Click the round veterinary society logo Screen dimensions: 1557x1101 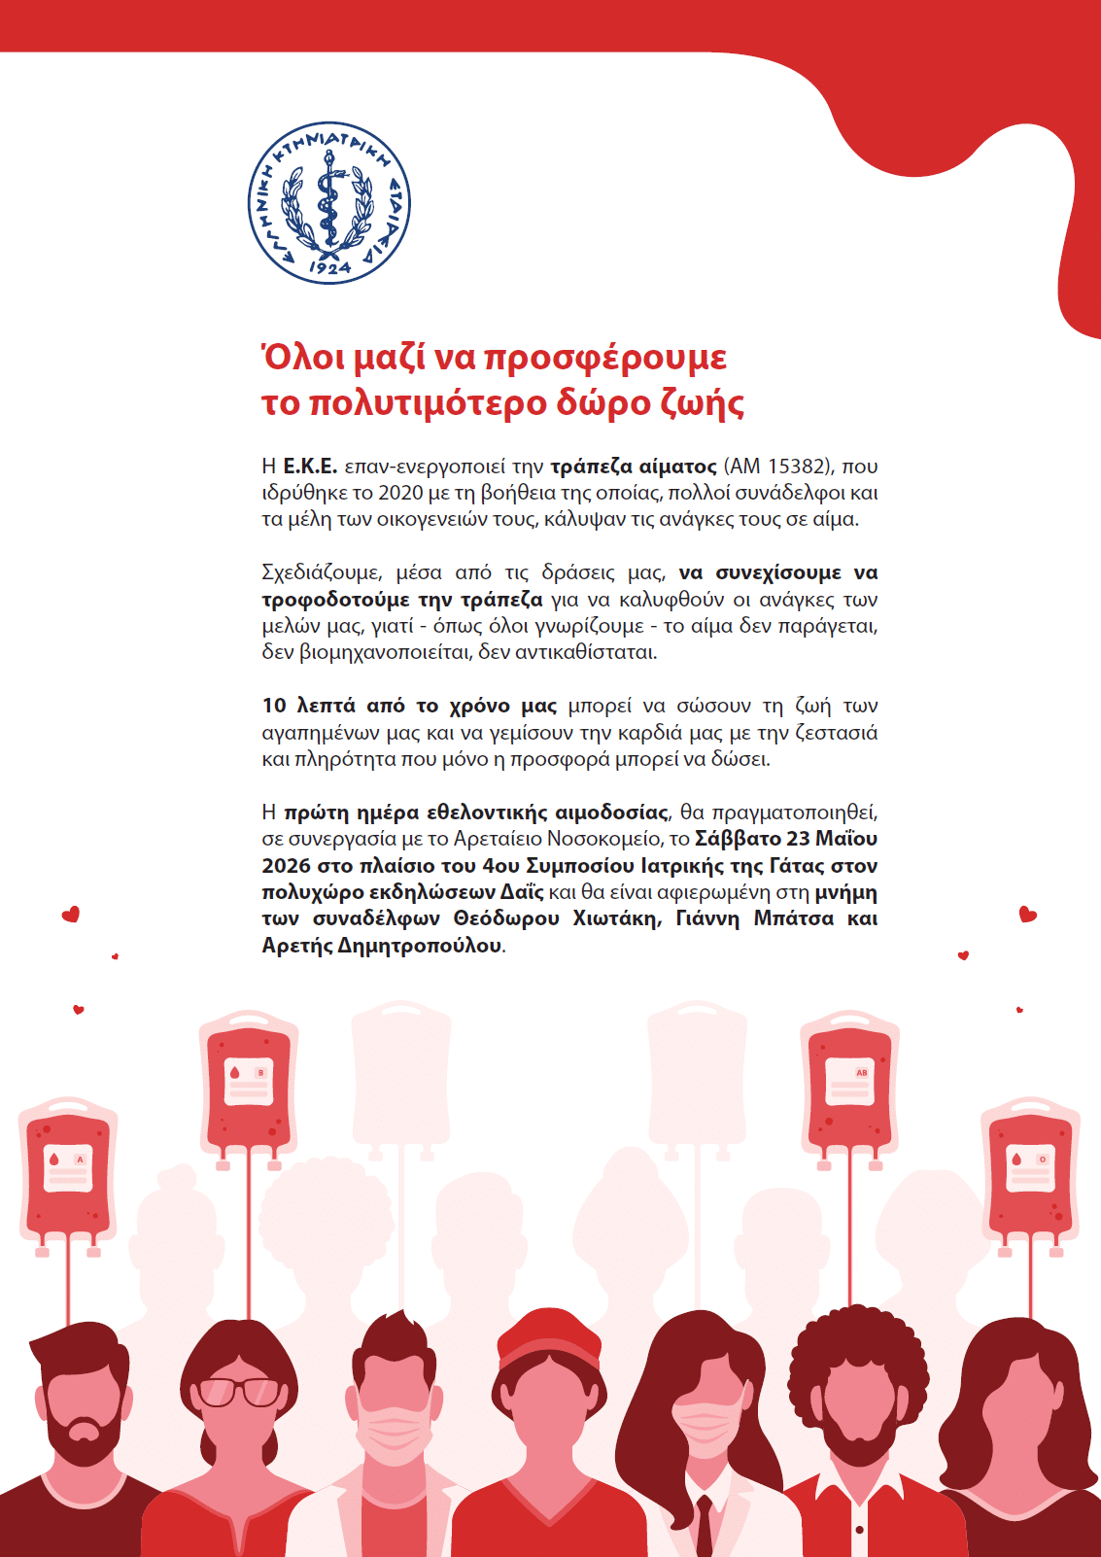pyautogui.click(x=328, y=203)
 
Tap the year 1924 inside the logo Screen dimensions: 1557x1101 pyautogui.click(x=329, y=266)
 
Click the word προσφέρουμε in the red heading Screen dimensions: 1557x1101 pyautogui.click(x=604, y=358)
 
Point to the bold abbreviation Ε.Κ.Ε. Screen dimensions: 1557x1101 pyautogui.click(x=310, y=467)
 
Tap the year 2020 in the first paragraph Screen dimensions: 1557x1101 pyautogui.click(x=400, y=493)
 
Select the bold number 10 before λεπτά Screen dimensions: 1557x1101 pyautogui.click(x=274, y=706)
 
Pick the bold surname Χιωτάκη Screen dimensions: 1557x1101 pyautogui.click(x=614, y=918)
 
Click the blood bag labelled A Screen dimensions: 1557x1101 pyautogui.click(x=68, y=1171)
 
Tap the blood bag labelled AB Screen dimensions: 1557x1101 pyautogui.click(x=849, y=1084)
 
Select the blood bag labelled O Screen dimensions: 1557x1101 pyautogui.click(x=1030, y=1171)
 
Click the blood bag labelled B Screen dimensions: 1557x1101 pyautogui.click(x=248, y=1084)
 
